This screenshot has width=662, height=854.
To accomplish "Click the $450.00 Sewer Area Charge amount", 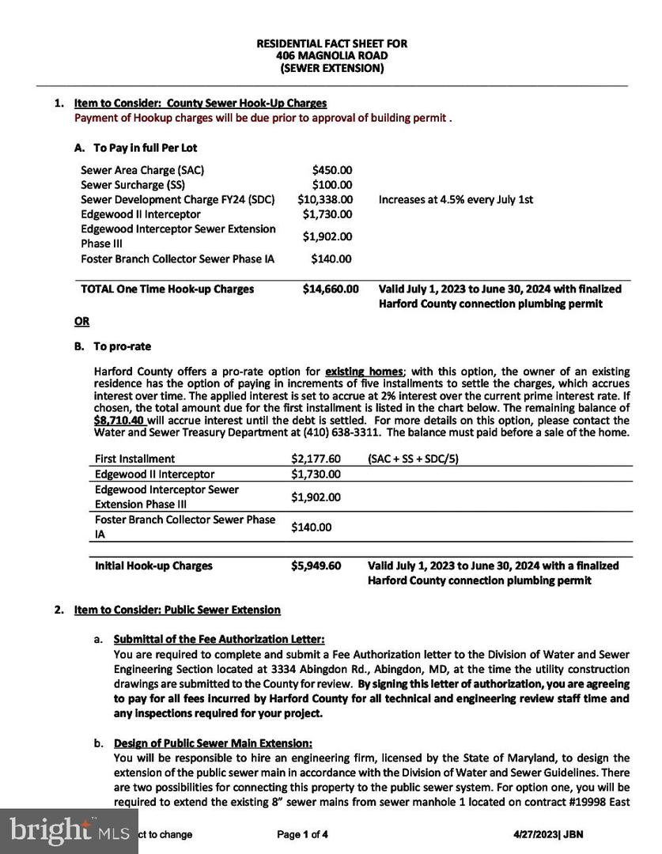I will coord(332,170).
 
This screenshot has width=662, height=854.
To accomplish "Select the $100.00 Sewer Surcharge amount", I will coord(332,185).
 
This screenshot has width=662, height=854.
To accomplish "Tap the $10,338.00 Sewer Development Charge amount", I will coord(325,200).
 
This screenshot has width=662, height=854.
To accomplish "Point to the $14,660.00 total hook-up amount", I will coord(330,289).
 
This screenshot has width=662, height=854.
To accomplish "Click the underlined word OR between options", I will coord(81,322).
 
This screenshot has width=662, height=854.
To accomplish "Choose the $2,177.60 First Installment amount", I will coord(316,459).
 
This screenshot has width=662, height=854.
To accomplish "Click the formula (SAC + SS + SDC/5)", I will coord(413,459).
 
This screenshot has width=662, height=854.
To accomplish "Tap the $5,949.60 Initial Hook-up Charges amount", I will coord(316,566).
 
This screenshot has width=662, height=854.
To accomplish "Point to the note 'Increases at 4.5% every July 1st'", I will coord(456,200).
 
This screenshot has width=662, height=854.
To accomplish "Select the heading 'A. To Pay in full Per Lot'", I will coord(135,148).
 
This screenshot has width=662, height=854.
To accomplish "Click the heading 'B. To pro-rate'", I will coord(112,346).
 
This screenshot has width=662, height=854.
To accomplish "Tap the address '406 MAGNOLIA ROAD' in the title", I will coord(332,56).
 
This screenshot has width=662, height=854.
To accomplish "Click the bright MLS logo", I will coord(69,830).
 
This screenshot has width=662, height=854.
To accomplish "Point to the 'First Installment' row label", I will coord(135,459).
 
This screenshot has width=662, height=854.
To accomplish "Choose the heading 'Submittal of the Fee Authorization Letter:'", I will coord(219,639).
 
